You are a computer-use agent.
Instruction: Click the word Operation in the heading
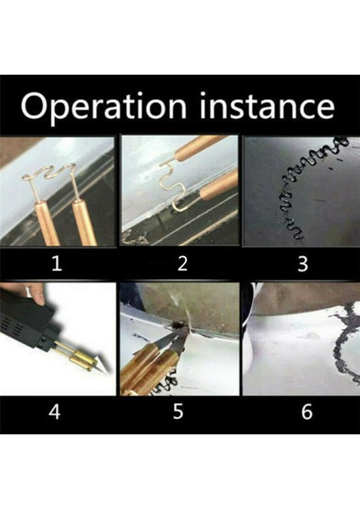tap(104, 106)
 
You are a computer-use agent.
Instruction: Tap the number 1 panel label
tap(57, 264)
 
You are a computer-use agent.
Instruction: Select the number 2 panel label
tap(183, 264)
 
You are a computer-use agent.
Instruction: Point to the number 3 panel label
tap(302, 264)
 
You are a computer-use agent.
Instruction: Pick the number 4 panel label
tap(54, 411)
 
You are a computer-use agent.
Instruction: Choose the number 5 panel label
tap(178, 411)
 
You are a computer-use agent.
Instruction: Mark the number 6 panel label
tap(307, 411)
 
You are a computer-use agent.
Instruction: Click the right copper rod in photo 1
tap(84, 222)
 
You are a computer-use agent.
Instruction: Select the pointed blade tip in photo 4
tap(104, 368)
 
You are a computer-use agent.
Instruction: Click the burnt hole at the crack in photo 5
tap(178, 324)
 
